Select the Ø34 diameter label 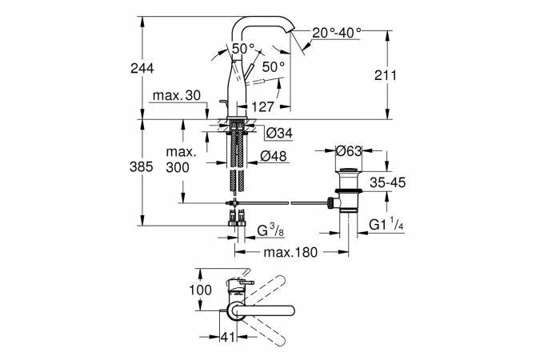(276, 131)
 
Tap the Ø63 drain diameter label (350, 150)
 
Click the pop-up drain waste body (349, 200)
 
